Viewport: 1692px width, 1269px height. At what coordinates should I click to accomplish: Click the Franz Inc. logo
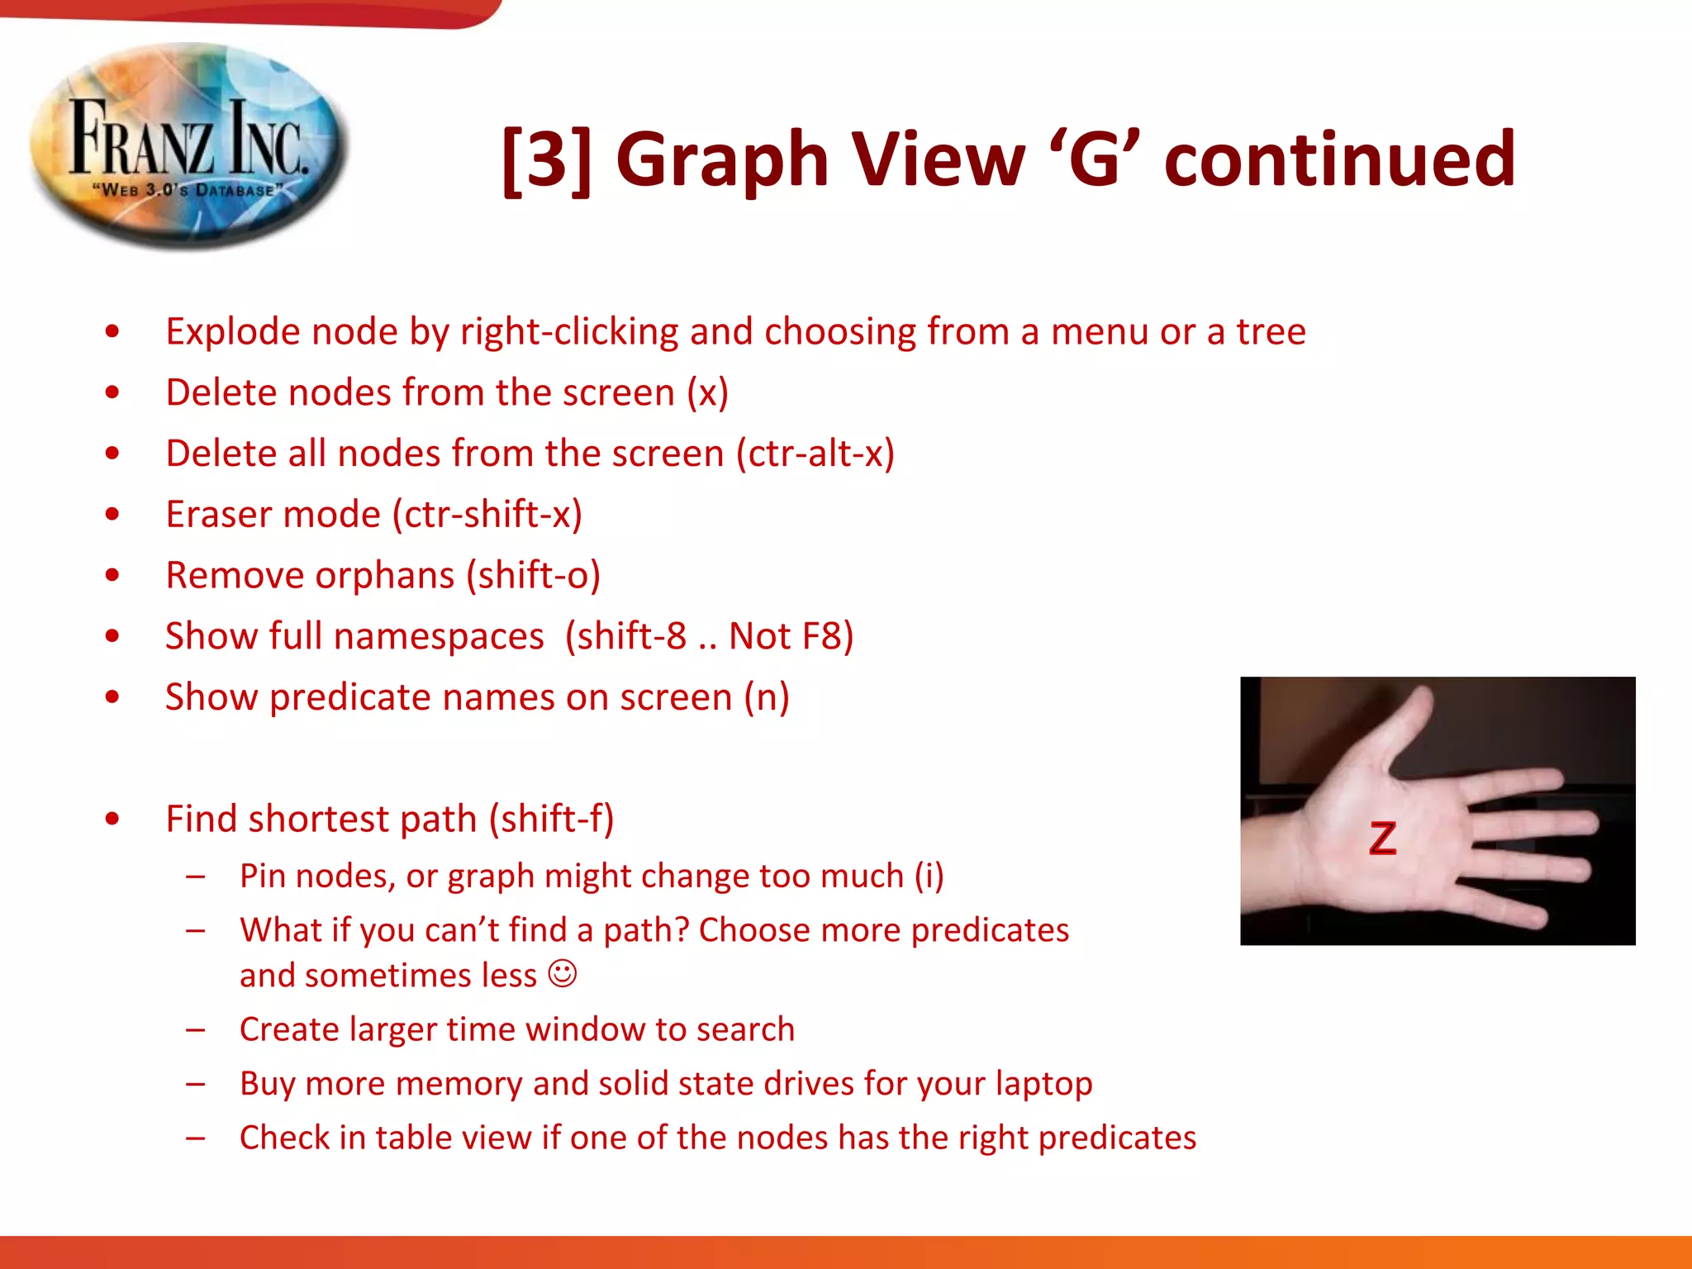click(x=188, y=146)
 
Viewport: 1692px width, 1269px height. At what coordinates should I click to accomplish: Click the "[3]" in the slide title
click(x=547, y=159)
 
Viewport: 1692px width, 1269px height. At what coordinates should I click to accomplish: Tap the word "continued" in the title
click(x=1339, y=159)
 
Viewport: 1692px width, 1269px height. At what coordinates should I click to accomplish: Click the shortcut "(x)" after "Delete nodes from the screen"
click(x=707, y=393)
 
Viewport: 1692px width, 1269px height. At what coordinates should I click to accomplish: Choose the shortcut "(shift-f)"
click(x=551, y=820)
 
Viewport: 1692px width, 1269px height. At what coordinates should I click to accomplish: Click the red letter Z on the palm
click(x=1382, y=838)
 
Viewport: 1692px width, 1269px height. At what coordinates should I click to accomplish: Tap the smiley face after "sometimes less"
click(x=563, y=973)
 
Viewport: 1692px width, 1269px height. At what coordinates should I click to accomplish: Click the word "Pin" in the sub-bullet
click(x=262, y=877)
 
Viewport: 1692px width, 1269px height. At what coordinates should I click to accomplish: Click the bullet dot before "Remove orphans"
click(x=112, y=575)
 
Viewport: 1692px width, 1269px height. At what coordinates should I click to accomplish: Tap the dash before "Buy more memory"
click(x=196, y=1084)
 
